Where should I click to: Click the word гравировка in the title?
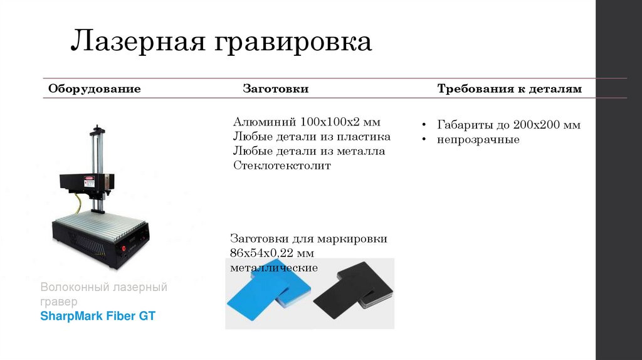pyautogui.click(x=294, y=43)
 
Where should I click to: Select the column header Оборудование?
pyautogui.click(x=95, y=89)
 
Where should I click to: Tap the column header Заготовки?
pyautogui.click(x=275, y=89)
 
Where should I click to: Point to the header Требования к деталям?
pyautogui.click(x=509, y=89)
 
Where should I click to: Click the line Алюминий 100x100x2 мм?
pyautogui.click(x=307, y=121)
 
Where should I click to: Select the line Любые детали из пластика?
pyautogui.click(x=312, y=136)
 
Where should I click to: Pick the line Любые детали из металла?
pyautogui.click(x=309, y=151)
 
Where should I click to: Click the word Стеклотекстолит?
pyautogui.click(x=282, y=166)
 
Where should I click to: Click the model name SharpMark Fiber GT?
pyautogui.click(x=97, y=316)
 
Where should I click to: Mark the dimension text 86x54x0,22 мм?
pyautogui.click(x=271, y=253)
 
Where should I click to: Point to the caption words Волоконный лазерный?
pyautogui.click(x=103, y=288)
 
